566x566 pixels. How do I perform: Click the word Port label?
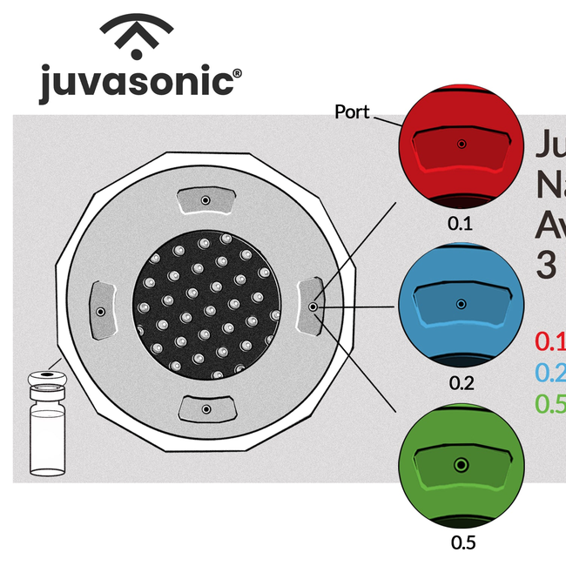(353, 112)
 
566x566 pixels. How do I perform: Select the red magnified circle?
(461, 148)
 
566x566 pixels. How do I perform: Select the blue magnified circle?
(461, 306)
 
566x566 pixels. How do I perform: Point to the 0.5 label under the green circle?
(463, 542)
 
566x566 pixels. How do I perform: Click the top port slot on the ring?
(206, 201)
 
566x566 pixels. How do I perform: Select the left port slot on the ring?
(101, 310)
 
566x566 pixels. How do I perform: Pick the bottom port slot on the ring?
(206, 408)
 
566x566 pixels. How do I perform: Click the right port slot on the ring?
(311, 307)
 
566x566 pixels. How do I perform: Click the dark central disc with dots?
(207, 304)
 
